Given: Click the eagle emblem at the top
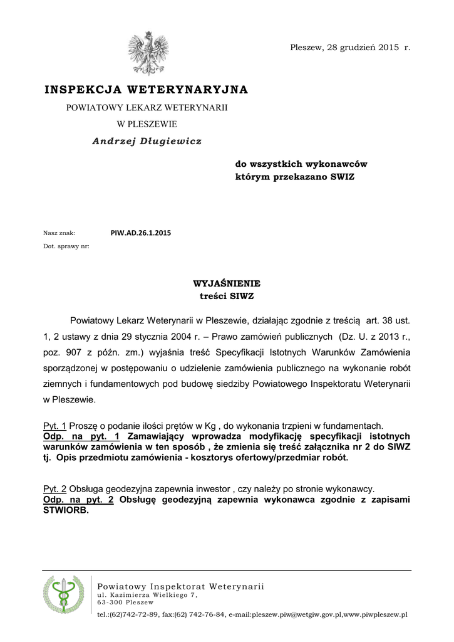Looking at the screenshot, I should coord(147,53).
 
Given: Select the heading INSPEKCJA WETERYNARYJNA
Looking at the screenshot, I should coord(146,90).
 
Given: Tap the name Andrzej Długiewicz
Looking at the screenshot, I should coord(147,142).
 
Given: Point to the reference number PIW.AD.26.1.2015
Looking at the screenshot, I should coord(140,233).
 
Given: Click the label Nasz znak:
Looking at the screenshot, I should coord(59,233).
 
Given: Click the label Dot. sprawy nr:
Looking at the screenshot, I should coord(66,246).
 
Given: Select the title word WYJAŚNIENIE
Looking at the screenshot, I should coord(227,283).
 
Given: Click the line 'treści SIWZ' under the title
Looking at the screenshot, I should coord(227,296).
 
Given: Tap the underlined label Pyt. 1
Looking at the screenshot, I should coord(54,426).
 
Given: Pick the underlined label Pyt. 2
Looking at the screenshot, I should coord(54,488).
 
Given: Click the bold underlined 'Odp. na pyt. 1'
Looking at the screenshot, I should coord(81,436).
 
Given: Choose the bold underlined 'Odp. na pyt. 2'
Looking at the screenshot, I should coord(78,500).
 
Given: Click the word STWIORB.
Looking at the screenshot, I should coord(66,510).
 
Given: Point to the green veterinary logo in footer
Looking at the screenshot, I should coord(63,595).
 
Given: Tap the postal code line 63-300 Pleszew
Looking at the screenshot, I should coord(125,603).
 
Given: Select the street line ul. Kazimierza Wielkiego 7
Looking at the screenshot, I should coord(147,594).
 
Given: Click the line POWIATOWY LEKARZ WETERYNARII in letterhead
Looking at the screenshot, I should coord(147,108).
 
